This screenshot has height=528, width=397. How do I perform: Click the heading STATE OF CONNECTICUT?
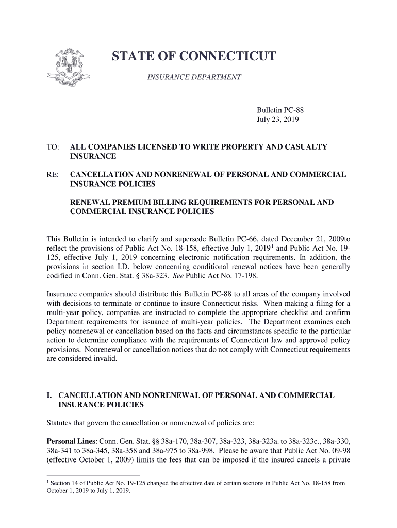(194, 57)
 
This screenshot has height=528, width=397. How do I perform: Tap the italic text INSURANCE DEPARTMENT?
(194, 77)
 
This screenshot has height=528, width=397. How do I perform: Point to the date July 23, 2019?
(278, 120)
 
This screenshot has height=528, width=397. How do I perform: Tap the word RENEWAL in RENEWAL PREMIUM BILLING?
(89, 202)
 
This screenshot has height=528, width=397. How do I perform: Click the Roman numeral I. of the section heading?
(49, 396)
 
